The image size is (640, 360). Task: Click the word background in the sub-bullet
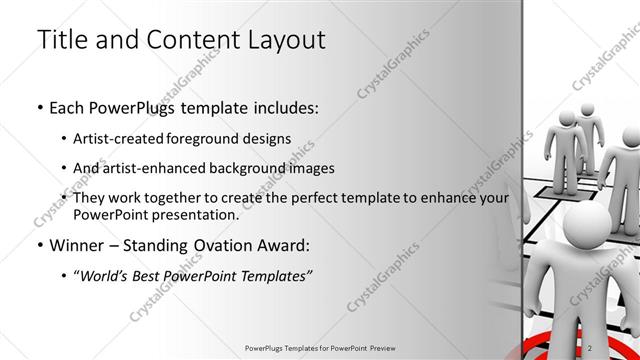263,168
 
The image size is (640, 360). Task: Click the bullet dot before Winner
39,246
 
